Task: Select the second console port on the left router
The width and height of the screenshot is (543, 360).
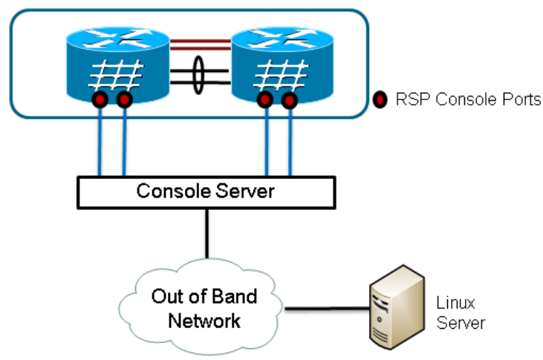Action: pos(124,99)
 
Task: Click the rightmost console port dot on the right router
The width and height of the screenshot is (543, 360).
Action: pos(290,99)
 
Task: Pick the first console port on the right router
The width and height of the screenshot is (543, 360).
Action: pos(264,99)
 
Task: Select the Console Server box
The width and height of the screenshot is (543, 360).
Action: pos(206,192)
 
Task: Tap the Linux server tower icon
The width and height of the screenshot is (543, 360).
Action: pos(398,308)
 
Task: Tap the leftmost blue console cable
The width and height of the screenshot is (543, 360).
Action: pos(99,141)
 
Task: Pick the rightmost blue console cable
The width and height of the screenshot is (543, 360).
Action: pos(289,141)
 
